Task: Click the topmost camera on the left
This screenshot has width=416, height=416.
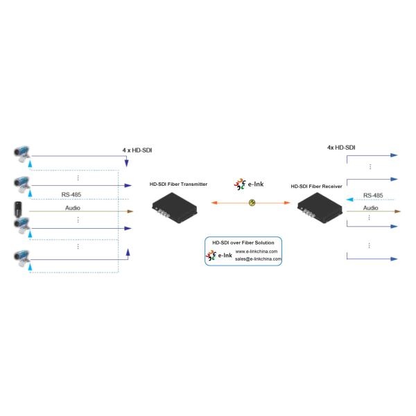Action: coord(23,152)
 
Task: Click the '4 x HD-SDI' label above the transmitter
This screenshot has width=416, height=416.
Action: coord(138,149)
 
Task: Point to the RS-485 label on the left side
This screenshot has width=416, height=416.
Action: coord(71,196)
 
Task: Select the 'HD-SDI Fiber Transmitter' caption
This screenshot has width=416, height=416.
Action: coord(179,184)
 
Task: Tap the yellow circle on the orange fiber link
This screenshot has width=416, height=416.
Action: coord(252,202)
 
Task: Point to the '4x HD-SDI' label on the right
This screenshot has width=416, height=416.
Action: coord(341,148)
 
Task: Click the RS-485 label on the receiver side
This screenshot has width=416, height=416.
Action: coord(372,196)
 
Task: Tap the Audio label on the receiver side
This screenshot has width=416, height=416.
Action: coord(371,207)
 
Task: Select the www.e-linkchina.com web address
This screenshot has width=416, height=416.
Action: coord(257,251)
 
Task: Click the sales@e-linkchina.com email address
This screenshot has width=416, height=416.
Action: coord(258,259)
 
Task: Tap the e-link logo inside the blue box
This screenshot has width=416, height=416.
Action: coord(219,255)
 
